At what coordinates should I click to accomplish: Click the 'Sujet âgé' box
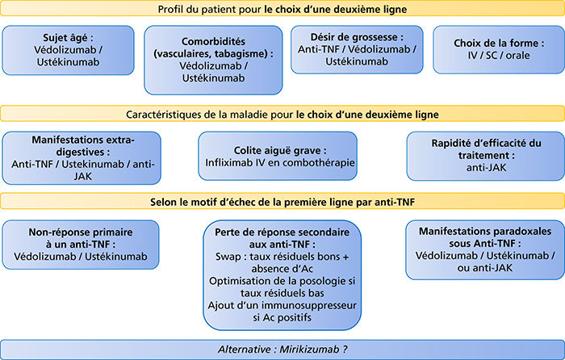tap(68, 50)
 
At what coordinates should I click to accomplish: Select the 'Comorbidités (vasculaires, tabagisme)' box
tap(213, 60)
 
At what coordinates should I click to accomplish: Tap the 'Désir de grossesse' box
tap(357, 49)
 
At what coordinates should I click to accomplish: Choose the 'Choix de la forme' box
tap(499, 49)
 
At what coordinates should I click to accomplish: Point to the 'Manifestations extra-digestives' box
tap(82, 158)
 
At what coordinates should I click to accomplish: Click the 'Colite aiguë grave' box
tap(278, 156)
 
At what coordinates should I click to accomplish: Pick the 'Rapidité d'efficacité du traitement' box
tap(486, 156)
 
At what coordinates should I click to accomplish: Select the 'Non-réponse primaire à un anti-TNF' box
tap(81, 245)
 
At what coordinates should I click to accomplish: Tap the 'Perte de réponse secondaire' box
tap(282, 275)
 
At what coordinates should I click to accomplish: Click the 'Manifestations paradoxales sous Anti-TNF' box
tap(485, 249)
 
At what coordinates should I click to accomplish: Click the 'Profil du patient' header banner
tap(282, 9)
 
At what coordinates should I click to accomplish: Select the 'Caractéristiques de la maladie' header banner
tap(282, 114)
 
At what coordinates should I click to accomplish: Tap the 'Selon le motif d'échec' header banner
tap(282, 202)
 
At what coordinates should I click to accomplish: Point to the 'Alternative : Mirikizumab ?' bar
tap(282, 350)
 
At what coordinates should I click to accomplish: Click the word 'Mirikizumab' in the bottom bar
tap(309, 350)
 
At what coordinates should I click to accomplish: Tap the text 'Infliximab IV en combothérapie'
tap(280, 163)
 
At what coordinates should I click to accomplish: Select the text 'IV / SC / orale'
tap(499, 56)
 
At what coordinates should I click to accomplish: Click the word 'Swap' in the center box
tap(228, 257)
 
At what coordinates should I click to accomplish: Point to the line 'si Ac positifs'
tap(282, 317)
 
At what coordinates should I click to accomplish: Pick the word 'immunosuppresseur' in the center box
tap(309, 306)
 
